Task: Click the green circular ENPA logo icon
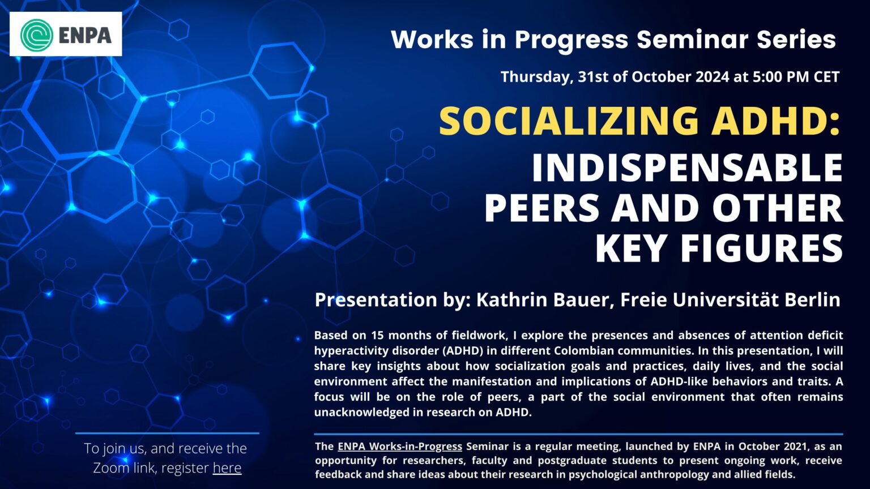(x=37, y=35)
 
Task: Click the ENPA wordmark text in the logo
(x=85, y=35)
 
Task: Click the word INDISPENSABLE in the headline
(x=687, y=168)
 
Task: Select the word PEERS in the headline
(x=541, y=208)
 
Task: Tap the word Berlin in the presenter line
(x=812, y=299)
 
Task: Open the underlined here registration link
(x=227, y=468)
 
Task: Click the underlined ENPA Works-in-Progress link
(x=400, y=446)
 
